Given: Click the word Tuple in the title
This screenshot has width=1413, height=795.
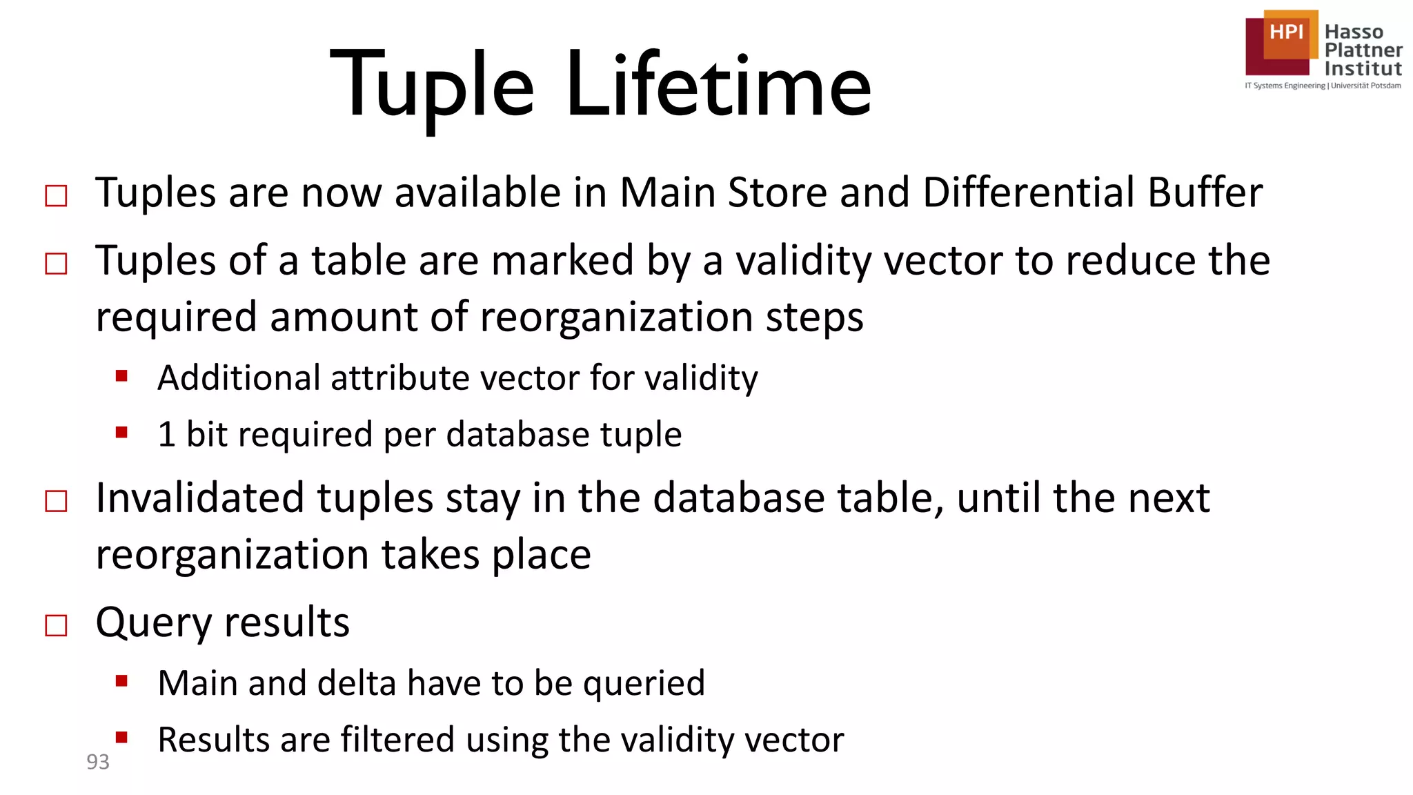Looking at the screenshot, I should coord(432,87).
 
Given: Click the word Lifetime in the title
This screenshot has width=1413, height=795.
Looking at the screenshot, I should coord(718,86).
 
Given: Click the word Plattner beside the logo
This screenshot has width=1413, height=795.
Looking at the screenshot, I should coord(1363,50).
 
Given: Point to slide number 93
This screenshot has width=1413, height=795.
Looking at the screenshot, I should coord(98,762).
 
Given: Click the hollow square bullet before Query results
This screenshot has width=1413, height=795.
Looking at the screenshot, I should coord(56,625).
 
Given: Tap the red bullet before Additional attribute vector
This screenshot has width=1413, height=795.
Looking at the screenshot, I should coord(122,376).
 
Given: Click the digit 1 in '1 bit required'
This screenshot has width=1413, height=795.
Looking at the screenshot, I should coord(166,434).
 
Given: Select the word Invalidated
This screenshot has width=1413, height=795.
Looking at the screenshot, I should coord(199,498).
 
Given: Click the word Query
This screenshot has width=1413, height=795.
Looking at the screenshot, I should coord(153,622).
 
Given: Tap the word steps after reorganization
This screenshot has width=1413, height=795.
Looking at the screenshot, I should coord(814,317).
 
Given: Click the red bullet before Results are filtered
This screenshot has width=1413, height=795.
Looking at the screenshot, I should coord(122,737).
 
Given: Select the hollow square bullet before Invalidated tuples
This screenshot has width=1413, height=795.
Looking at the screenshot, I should coord(56,501).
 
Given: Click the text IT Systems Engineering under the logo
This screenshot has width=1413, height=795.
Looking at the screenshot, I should coord(1285,86).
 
